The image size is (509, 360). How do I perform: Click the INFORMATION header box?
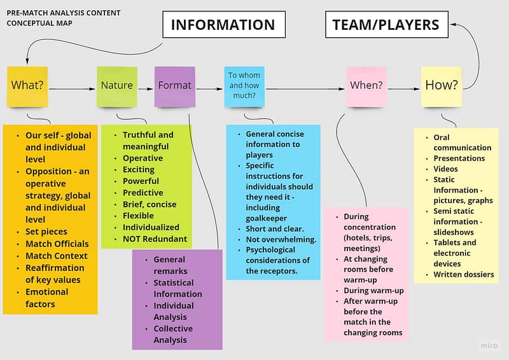coord(223,25)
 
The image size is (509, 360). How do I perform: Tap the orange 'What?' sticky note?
coord(27,85)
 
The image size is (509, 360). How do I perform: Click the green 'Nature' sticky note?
coord(117,85)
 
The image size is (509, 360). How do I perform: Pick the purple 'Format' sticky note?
coord(174,85)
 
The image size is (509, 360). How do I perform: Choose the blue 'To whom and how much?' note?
coord(245,85)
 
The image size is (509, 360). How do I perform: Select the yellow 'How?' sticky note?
coord(441,85)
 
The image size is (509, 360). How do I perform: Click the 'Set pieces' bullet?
coord(46,232)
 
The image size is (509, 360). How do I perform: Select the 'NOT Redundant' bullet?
coord(155,239)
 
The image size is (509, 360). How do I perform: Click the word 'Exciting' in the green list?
coord(139,170)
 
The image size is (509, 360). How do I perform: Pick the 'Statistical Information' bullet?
coord(178,288)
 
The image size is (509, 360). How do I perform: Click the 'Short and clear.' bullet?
coord(274,228)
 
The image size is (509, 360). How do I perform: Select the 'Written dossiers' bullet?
coord(463,275)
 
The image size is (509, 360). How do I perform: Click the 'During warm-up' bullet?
coord(373,290)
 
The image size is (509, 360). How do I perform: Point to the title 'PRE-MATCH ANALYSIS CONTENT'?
coord(63,13)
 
